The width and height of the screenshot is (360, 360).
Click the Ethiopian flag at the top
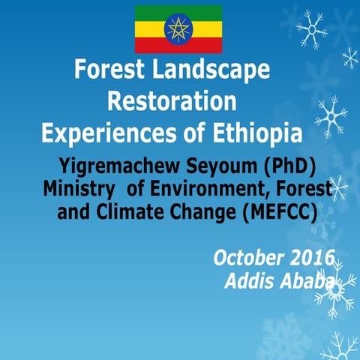178,28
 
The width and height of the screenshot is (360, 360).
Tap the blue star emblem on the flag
178,28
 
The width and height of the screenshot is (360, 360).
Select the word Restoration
172,100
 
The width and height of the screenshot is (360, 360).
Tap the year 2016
313,259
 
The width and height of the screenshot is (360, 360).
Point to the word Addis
248,282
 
